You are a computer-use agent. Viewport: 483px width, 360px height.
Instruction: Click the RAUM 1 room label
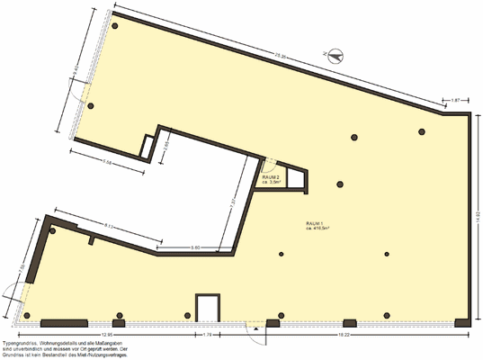click(x=315, y=223)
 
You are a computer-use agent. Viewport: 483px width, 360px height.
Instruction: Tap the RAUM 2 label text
click(x=272, y=177)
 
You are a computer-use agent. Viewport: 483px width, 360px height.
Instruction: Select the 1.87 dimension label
click(x=455, y=99)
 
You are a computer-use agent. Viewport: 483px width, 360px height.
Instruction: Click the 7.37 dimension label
click(x=231, y=202)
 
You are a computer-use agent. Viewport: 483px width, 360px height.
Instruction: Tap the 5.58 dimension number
click(x=107, y=163)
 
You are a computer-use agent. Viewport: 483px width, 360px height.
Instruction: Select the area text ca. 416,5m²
click(x=318, y=229)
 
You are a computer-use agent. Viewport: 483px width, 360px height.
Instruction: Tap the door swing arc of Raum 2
click(x=267, y=163)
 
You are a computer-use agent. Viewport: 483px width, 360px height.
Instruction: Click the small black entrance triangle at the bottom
click(x=256, y=328)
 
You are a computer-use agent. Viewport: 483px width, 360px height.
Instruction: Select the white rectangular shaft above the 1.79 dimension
click(x=207, y=307)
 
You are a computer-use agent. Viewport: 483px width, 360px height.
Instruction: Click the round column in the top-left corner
click(x=114, y=27)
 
